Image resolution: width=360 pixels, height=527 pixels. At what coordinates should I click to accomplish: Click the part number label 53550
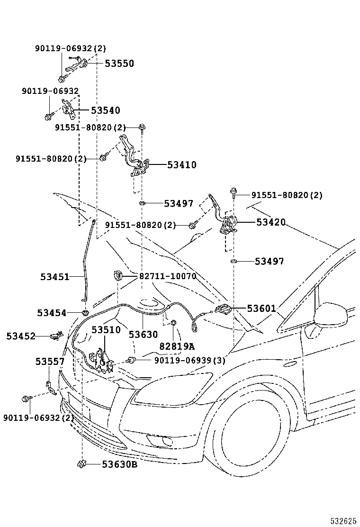click(119, 64)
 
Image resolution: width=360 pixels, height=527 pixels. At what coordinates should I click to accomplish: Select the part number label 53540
click(105, 110)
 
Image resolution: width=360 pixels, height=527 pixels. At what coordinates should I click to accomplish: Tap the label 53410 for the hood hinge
click(181, 165)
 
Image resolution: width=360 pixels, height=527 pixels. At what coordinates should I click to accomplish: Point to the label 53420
click(271, 222)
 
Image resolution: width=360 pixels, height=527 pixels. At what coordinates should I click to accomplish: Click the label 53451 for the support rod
click(54, 276)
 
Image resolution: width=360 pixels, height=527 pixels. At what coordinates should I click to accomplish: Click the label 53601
click(261, 309)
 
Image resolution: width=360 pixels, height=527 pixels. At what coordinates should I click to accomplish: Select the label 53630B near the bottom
click(119, 464)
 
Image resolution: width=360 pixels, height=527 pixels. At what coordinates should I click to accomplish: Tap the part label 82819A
click(177, 346)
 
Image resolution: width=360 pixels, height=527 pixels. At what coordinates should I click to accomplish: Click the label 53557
click(50, 362)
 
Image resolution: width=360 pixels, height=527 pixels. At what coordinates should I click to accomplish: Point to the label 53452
click(21, 336)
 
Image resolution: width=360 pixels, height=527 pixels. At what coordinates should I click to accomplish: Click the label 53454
click(52, 313)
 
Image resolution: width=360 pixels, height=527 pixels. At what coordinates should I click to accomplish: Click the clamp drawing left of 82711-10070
click(117, 275)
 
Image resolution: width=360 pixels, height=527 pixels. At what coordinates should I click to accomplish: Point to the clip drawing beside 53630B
click(81, 463)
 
